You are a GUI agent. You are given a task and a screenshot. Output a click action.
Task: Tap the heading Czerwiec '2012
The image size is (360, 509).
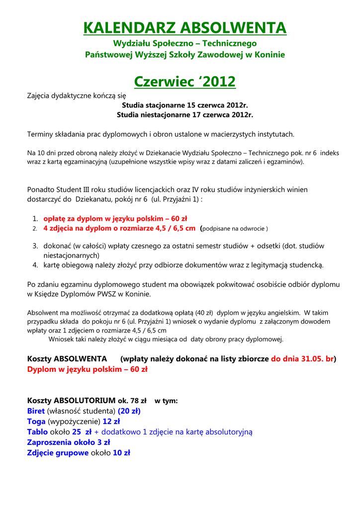185,81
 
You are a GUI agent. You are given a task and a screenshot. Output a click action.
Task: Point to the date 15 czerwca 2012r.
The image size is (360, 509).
217,105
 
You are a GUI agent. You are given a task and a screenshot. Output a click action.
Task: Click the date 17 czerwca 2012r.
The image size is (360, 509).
222,115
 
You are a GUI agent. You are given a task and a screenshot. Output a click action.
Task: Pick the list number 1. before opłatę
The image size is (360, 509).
35,219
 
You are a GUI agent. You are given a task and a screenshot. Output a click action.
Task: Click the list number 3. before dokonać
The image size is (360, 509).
35,246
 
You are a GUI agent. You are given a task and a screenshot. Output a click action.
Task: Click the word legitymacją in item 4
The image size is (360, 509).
263,265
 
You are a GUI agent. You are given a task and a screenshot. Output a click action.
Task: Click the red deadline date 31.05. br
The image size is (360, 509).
302,358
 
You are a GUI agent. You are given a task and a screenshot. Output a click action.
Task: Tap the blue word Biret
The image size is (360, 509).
36,411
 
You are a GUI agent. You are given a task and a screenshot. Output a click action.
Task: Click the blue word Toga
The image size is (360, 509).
36,422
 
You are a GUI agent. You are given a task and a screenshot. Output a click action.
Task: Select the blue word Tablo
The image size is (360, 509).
37,432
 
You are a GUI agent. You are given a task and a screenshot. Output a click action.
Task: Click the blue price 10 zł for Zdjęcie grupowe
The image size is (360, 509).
121,453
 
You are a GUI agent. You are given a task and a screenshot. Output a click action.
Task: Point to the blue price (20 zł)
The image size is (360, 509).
129,411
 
